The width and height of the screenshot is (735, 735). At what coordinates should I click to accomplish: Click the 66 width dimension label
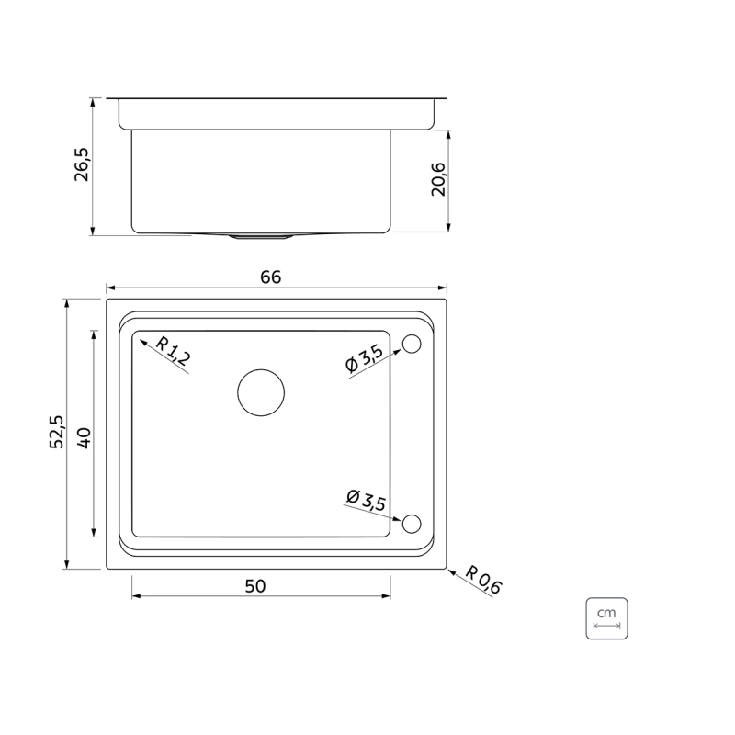pyautogui.click(x=270, y=277)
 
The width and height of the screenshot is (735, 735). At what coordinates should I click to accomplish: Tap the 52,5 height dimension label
pyautogui.click(x=57, y=432)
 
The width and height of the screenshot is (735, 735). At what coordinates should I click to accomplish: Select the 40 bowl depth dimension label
pyautogui.click(x=84, y=438)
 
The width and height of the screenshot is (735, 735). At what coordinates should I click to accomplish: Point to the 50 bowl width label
pyautogui.click(x=255, y=586)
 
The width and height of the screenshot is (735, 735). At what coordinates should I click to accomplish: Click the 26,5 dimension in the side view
pyautogui.click(x=82, y=164)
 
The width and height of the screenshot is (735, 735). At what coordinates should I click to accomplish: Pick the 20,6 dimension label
pyautogui.click(x=439, y=179)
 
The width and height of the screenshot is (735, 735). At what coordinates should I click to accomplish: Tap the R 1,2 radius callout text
pyautogui.click(x=173, y=351)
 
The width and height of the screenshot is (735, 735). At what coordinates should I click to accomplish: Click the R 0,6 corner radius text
pyautogui.click(x=483, y=581)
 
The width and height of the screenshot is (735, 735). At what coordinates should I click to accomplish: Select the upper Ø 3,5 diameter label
pyautogui.click(x=364, y=358)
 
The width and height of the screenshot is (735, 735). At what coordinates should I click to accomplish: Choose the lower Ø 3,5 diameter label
pyautogui.click(x=366, y=501)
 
